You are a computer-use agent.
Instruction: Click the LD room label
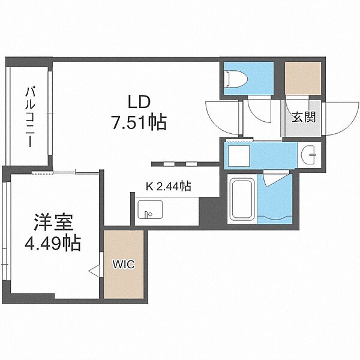(139, 103)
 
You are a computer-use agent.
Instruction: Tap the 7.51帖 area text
(139, 122)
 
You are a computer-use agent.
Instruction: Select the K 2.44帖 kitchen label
(169, 187)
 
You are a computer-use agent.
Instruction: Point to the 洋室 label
(53, 222)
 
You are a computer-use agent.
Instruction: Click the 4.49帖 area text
(53, 242)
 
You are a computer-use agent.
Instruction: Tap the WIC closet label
(124, 265)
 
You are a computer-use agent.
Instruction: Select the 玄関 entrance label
(304, 118)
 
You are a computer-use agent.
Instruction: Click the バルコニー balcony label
(30, 117)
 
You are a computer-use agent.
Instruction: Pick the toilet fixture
(236, 79)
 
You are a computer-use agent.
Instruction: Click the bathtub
(242, 199)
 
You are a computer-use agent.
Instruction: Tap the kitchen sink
(150, 209)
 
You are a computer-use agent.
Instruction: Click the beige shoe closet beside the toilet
(303, 78)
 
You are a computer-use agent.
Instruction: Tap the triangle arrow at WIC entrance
(94, 269)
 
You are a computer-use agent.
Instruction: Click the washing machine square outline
(239, 155)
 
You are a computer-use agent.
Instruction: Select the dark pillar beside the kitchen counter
(209, 212)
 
